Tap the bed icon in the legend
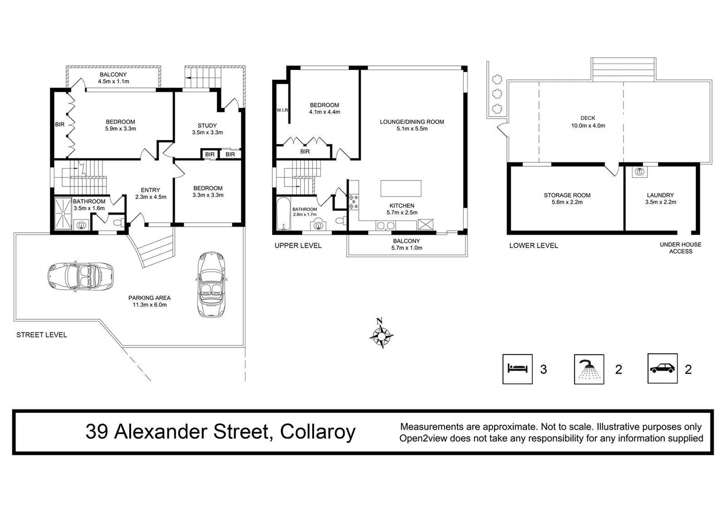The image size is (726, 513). coord(517,369)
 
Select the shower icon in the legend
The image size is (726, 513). coord(589,369)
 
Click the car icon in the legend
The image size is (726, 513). coord(662,369)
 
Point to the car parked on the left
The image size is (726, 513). coord(81,275)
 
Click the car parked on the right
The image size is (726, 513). coord(210,284)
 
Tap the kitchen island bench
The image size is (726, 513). coord(401,188)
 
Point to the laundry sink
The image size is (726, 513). coord(640,171)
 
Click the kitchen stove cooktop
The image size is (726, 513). coord(353,201)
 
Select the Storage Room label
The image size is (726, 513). coord(567,195)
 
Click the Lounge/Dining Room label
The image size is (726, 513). coord(412,122)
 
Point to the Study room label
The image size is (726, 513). coord(207,125)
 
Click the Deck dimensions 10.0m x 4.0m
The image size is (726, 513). coord(588,126)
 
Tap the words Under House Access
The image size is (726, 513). coord(680,248)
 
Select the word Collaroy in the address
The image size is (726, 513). coord(317,432)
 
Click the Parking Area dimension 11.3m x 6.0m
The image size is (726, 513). coord(149,305)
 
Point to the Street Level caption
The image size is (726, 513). coord(42,335)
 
